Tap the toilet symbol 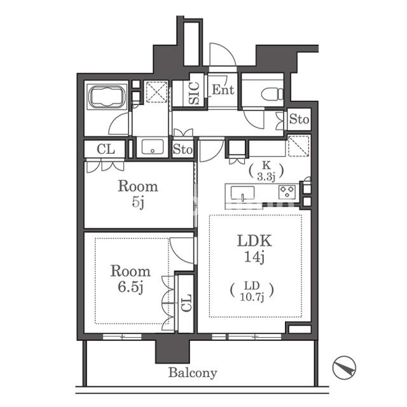[x=272, y=94]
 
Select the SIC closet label [x=194, y=93]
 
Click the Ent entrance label [x=223, y=90]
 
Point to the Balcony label [x=193, y=373]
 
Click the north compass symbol [x=344, y=368]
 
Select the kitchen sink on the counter [x=242, y=193]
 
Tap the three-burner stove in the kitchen [x=287, y=192]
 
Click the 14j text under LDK [x=254, y=257]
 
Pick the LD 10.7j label [x=252, y=291]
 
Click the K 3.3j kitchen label [x=266, y=171]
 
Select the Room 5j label [x=138, y=193]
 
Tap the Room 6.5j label [x=130, y=279]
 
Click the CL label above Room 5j [x=106, y=149]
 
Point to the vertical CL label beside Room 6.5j [x=186, y=303]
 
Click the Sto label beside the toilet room [x=299, y=120]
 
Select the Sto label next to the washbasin [x=183, y=149]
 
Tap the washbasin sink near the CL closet [x=153, y=147]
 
